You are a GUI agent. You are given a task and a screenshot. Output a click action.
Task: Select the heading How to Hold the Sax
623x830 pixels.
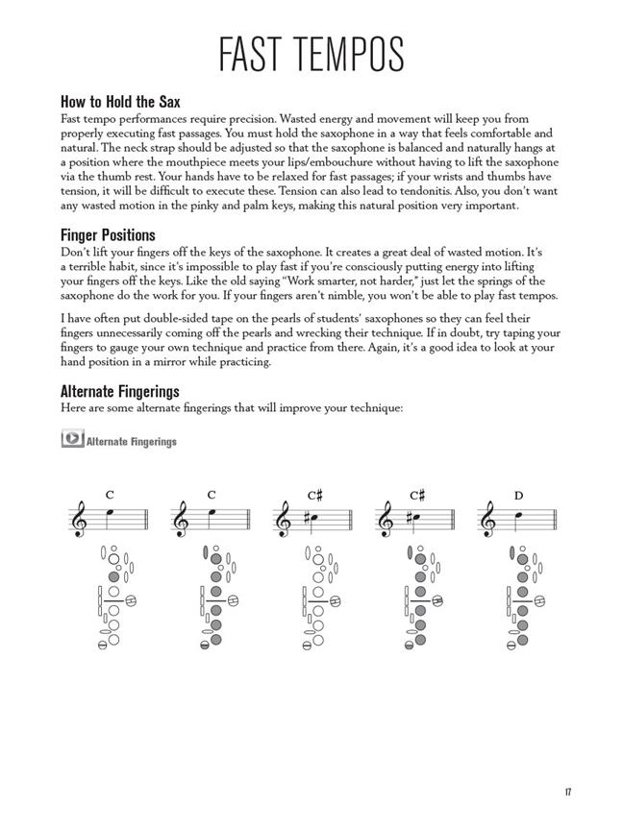(120, 101)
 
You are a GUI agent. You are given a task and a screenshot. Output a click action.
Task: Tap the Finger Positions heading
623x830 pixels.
(108, 235)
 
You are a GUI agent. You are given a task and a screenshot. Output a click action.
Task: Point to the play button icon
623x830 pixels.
(71, 439)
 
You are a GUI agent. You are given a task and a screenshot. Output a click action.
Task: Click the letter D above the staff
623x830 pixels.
(518, 496)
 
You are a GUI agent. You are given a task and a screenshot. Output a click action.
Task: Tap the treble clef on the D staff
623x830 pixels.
(488, 519)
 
